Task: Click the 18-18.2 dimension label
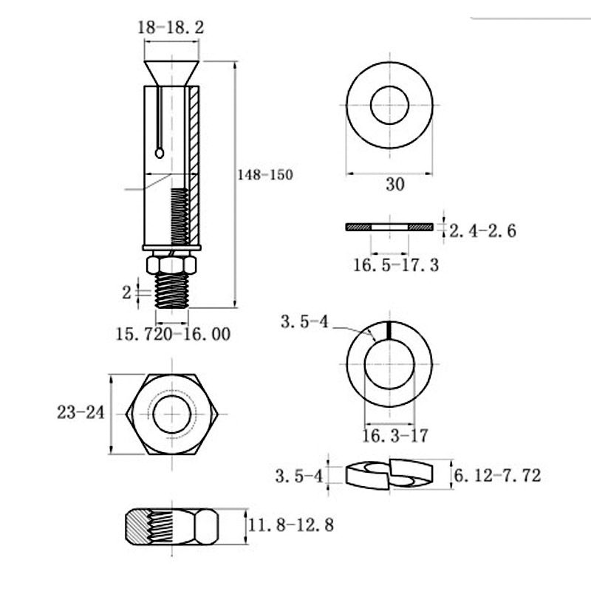point(171,28)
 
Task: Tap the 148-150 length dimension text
point(265,175)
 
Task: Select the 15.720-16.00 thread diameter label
point(173,335)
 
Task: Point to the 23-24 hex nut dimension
point(81,412)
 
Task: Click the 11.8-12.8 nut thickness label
point(290,525)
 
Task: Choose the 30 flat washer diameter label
point(395,184)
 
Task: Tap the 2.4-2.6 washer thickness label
point(482,230)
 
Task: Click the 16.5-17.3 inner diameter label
point(396,265)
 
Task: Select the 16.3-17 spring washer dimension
point(395,436)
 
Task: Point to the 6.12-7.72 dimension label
point(497,475)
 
